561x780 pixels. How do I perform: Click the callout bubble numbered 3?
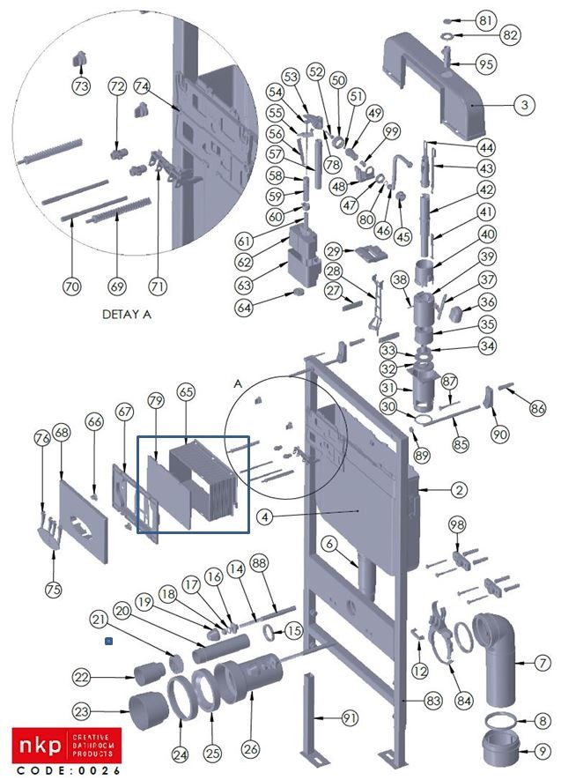point(524,104)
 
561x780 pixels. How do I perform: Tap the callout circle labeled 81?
point(512,19)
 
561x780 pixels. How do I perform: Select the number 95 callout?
point(511,64)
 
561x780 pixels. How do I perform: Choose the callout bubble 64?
point(244,308)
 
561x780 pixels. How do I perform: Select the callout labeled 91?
point(351,719)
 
